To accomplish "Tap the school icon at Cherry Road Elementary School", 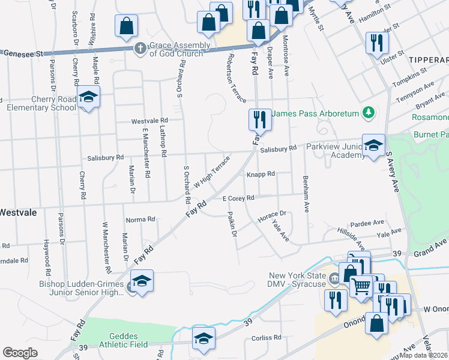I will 88,98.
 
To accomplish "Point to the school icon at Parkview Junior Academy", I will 373,146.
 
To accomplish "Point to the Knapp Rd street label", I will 260,174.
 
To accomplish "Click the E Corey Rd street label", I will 238,198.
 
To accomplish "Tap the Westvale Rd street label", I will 148,121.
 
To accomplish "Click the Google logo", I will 20,353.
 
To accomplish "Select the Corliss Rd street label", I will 268,338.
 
